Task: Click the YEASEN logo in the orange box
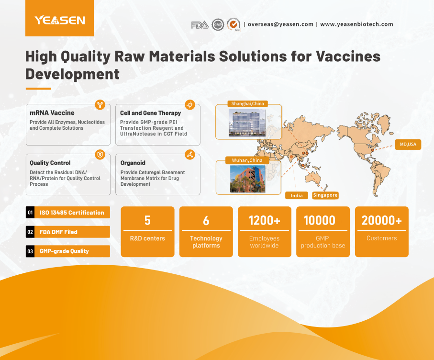pos(60,20)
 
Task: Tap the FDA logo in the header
pos(200,25)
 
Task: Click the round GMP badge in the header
pos(218,24)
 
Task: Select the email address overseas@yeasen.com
pos(280,24)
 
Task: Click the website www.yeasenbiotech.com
pos(356,24)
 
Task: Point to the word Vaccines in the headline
pos(348,56)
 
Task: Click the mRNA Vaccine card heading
pos(52,112)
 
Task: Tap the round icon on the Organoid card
pos(190,155)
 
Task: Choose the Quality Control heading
pos(50,163)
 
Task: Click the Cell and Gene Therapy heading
pos(151,113)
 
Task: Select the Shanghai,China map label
pos(248,103)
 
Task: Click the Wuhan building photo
pos(248,179)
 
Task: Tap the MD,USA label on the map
pos(408,144)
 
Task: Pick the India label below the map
pos(297,195)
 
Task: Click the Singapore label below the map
pos(325,195)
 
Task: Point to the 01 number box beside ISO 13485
pos(30,213)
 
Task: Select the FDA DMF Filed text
pos(58,232)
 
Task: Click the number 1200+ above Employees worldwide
pos(265,220)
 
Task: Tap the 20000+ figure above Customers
pos(381,220)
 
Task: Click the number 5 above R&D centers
pos(147,220)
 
